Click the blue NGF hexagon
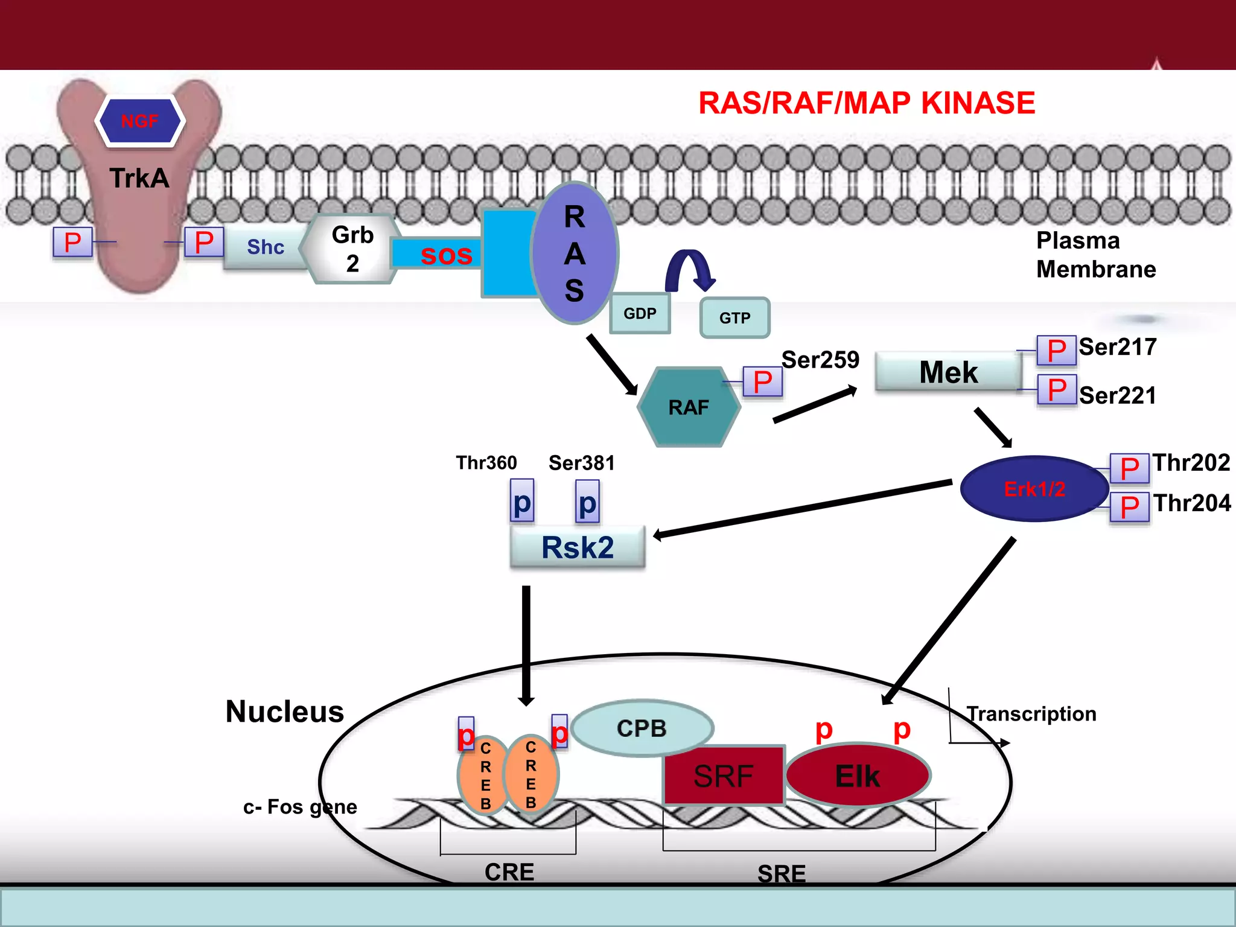point(140,121)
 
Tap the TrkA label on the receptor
point(139,179)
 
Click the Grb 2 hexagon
point(352,249)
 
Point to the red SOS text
point(446,255)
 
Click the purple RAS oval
point(575,253)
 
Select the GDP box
point(640,313)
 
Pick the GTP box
point(734,317)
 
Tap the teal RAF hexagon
point(689,407)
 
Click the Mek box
point(948,372)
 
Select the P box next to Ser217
point(1056,351)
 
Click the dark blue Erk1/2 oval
point(1034,489)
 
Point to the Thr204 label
point(1191,503)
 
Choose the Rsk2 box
point(578,547)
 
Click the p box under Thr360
point(522,501)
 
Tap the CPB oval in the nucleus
point(642,728)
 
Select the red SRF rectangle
point(723,776)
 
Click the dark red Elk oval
point(857,776)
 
